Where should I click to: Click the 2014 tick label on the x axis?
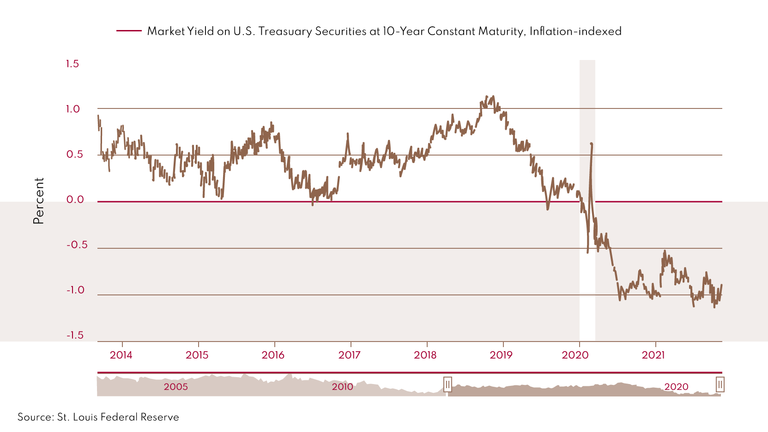[x=121, y=355]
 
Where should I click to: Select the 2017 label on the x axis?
[x=349, y=355]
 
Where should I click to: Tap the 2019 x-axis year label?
[x=501, y=355]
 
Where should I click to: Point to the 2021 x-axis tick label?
[x=653, y=355]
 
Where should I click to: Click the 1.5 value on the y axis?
[x=73, y=64]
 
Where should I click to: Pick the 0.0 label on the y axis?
[x=75, y=199]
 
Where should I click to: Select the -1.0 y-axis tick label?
[x=75, y=290]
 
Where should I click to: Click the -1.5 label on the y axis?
[x=75, y=335]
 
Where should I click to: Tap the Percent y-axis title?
[x=39, y=201]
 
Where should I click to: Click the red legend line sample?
[x=129, y=31]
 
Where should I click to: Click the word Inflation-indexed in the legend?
[x=575, y=31]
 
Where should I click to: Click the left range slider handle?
[x=447, y=384]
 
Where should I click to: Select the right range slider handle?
[x=720, y=384]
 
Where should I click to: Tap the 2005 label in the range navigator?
[x=175, y=387]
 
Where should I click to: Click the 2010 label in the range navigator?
[x=342, y=387]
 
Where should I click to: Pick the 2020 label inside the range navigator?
[x=676, y=387]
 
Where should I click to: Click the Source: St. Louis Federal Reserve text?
[x=98, y=417]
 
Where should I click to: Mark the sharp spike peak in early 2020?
[x=592, y=144]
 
